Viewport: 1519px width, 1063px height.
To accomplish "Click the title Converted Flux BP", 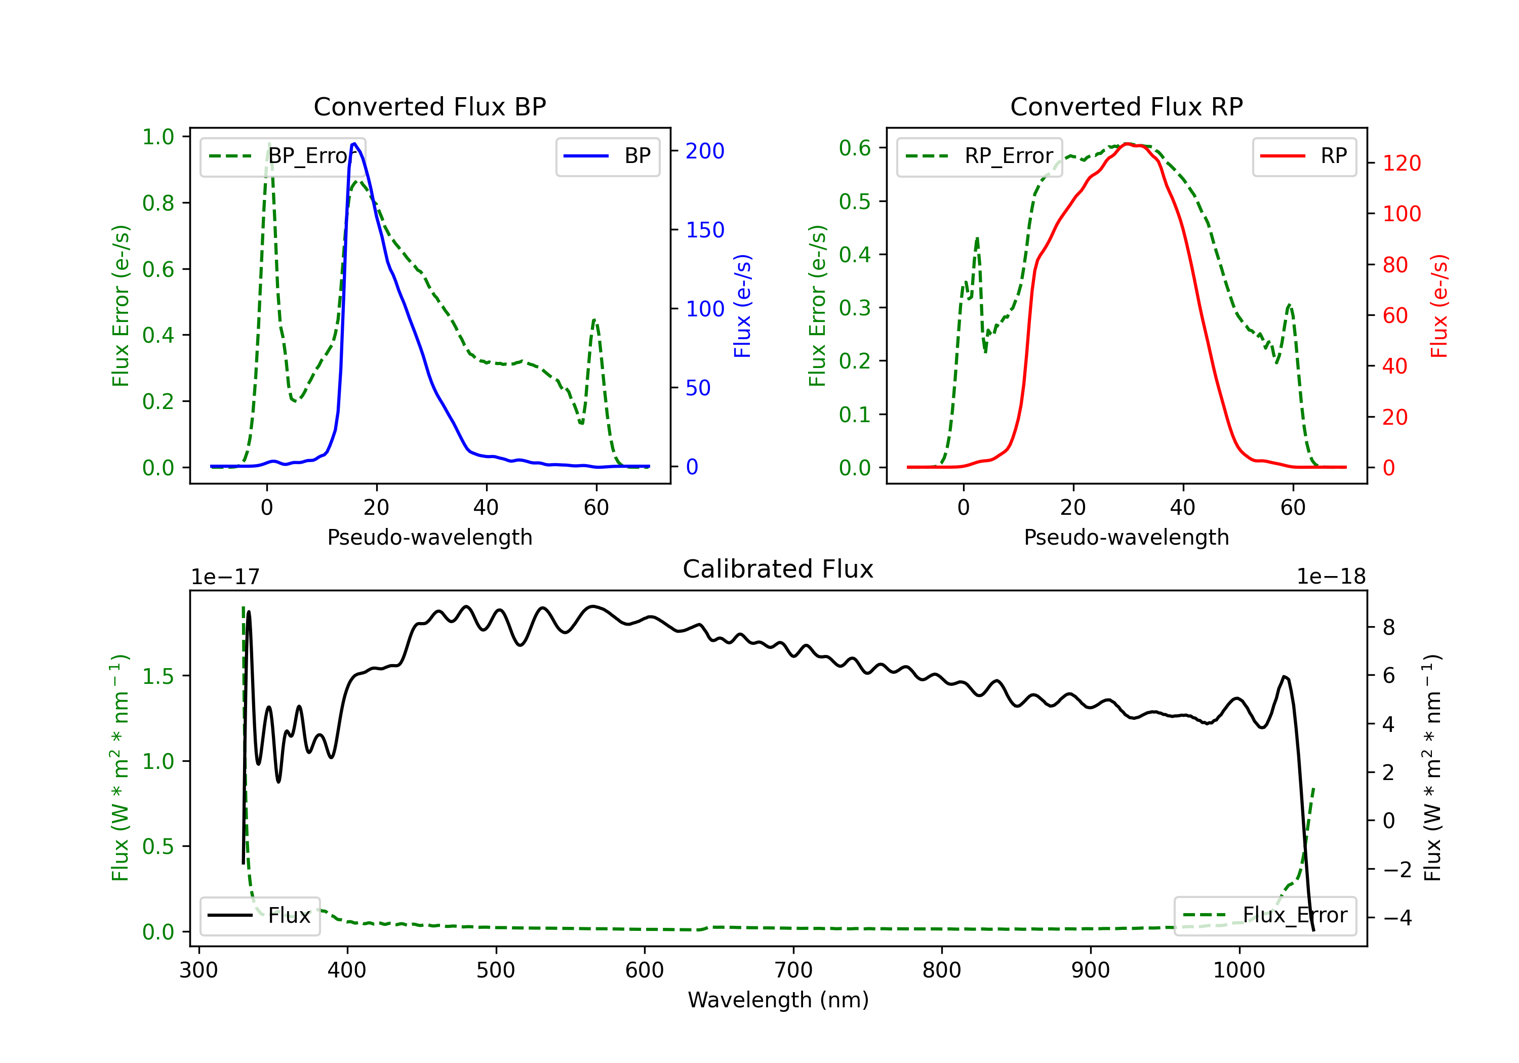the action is pyautogui.click(x=429, y=106).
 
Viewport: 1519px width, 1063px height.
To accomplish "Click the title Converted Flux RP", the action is pyautogui.click(x=1126, y=106).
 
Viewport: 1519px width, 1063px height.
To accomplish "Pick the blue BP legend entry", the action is pyautogui.click(x=607, y=156).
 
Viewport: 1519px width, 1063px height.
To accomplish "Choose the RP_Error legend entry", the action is pyautogui.click(x=979, y=156).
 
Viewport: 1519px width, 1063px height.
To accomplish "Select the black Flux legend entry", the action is pyautogui.click(x=259, y=916).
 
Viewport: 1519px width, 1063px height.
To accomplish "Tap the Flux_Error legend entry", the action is pyautogui.click(x=1265, y=916).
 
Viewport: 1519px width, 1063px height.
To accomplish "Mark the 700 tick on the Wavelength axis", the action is pyautogui.click(x=793, y=970).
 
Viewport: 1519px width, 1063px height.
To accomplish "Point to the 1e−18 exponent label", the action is pyautogui.click(x=1331, y=577).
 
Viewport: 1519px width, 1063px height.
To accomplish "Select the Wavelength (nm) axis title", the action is pyautogui.click(x=778, y=1000).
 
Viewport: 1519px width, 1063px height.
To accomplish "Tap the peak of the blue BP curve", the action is pyautogui.click(x=354, y=144).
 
